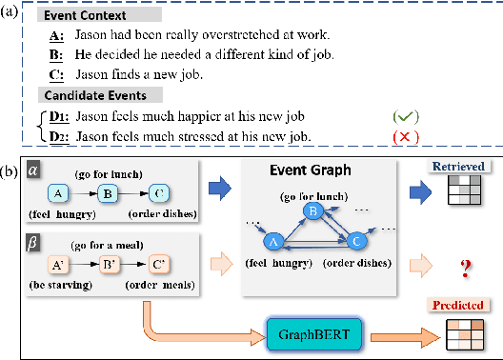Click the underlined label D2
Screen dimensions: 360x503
point(58,137)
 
